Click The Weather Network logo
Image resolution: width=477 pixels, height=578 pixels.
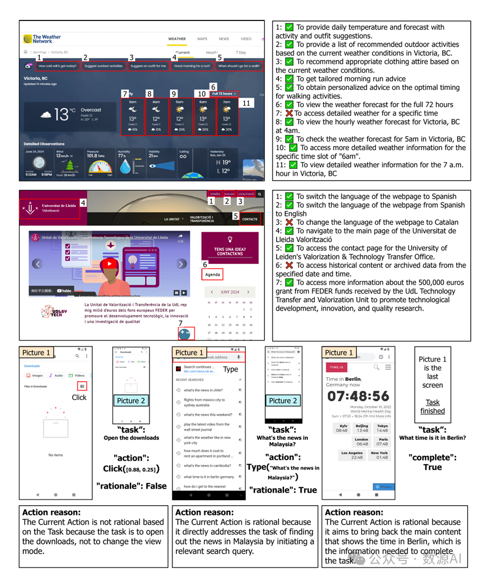coord(42,39)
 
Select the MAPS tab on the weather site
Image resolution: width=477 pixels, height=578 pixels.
coord(202,39)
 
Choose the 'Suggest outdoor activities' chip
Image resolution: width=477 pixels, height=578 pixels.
coord(103,66)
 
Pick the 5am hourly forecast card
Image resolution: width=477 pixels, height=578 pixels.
coord(180,117)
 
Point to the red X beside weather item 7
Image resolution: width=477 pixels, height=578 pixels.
coord(289,113)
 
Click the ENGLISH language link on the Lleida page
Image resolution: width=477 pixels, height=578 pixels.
coord(229,194)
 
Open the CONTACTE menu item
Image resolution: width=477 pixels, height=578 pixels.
coord(249,219)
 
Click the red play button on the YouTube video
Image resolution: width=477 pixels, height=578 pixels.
coord(108,264)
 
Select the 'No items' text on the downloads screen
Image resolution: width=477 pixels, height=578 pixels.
coord(55,455)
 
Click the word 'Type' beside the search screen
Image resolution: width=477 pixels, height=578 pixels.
coord(231,369)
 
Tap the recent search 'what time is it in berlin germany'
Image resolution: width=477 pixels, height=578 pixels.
coord(208,477)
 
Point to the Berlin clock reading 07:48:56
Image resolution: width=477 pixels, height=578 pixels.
coord(358,396)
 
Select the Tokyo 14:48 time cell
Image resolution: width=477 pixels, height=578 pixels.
coord(383,428)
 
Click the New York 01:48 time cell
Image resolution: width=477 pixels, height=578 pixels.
coord(379,455)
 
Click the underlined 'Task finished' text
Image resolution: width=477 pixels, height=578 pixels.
coord(432,406)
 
